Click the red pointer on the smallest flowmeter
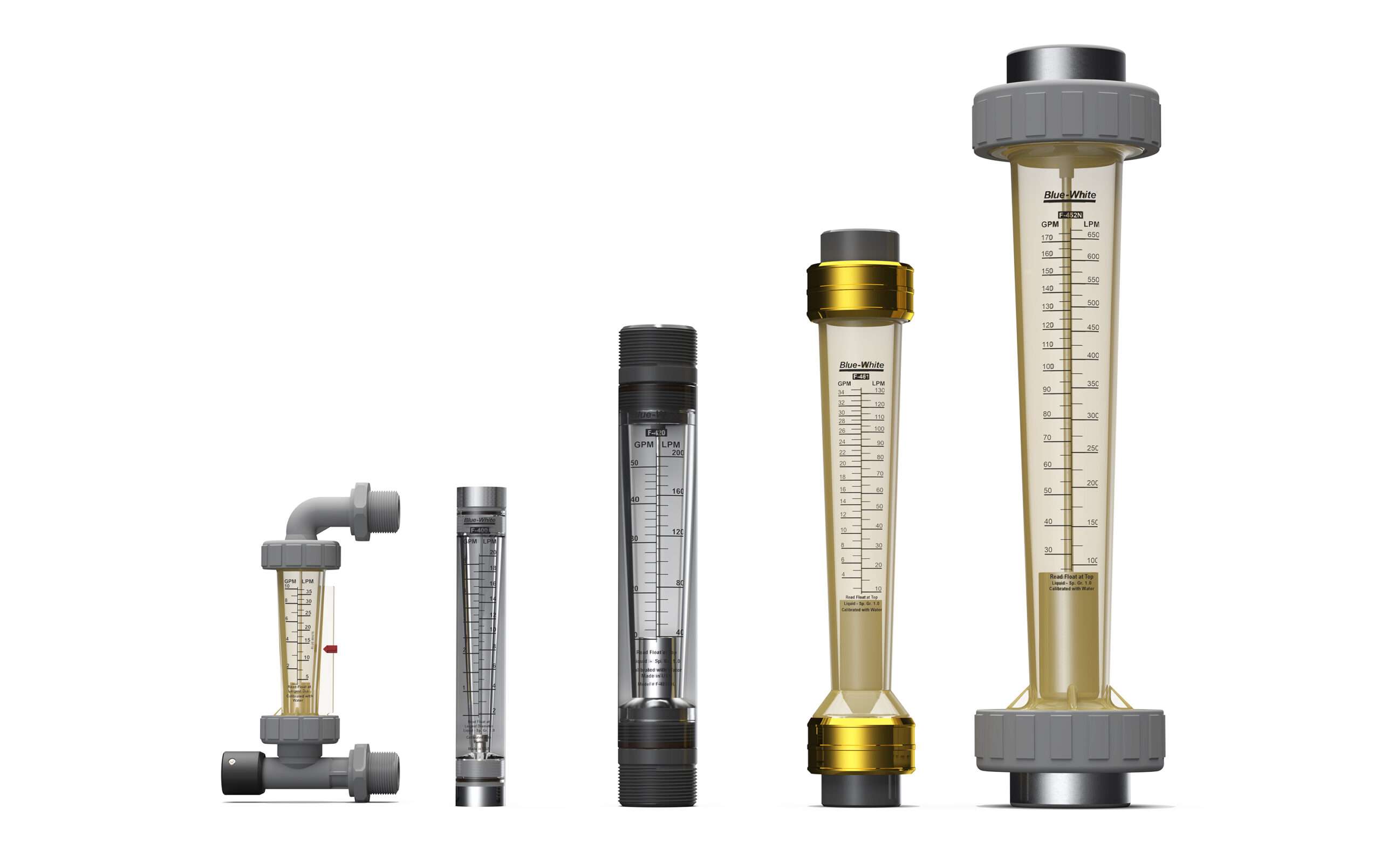point(330,649)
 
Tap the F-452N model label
point(1070,215)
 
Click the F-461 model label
point(860,376)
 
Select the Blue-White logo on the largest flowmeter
point(1069,195)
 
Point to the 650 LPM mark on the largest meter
point(1093,235)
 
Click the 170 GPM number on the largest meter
point(1047,238)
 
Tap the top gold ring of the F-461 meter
point(860,291)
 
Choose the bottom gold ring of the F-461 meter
point(860,745)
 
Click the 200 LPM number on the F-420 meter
point(678,453)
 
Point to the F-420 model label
point(657,433)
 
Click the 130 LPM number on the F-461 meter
point(879,391)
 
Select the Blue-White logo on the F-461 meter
point(861,365)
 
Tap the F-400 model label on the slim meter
point(479,530)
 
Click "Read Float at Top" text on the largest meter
point(1071,577)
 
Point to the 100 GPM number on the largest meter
point(1048,367)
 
